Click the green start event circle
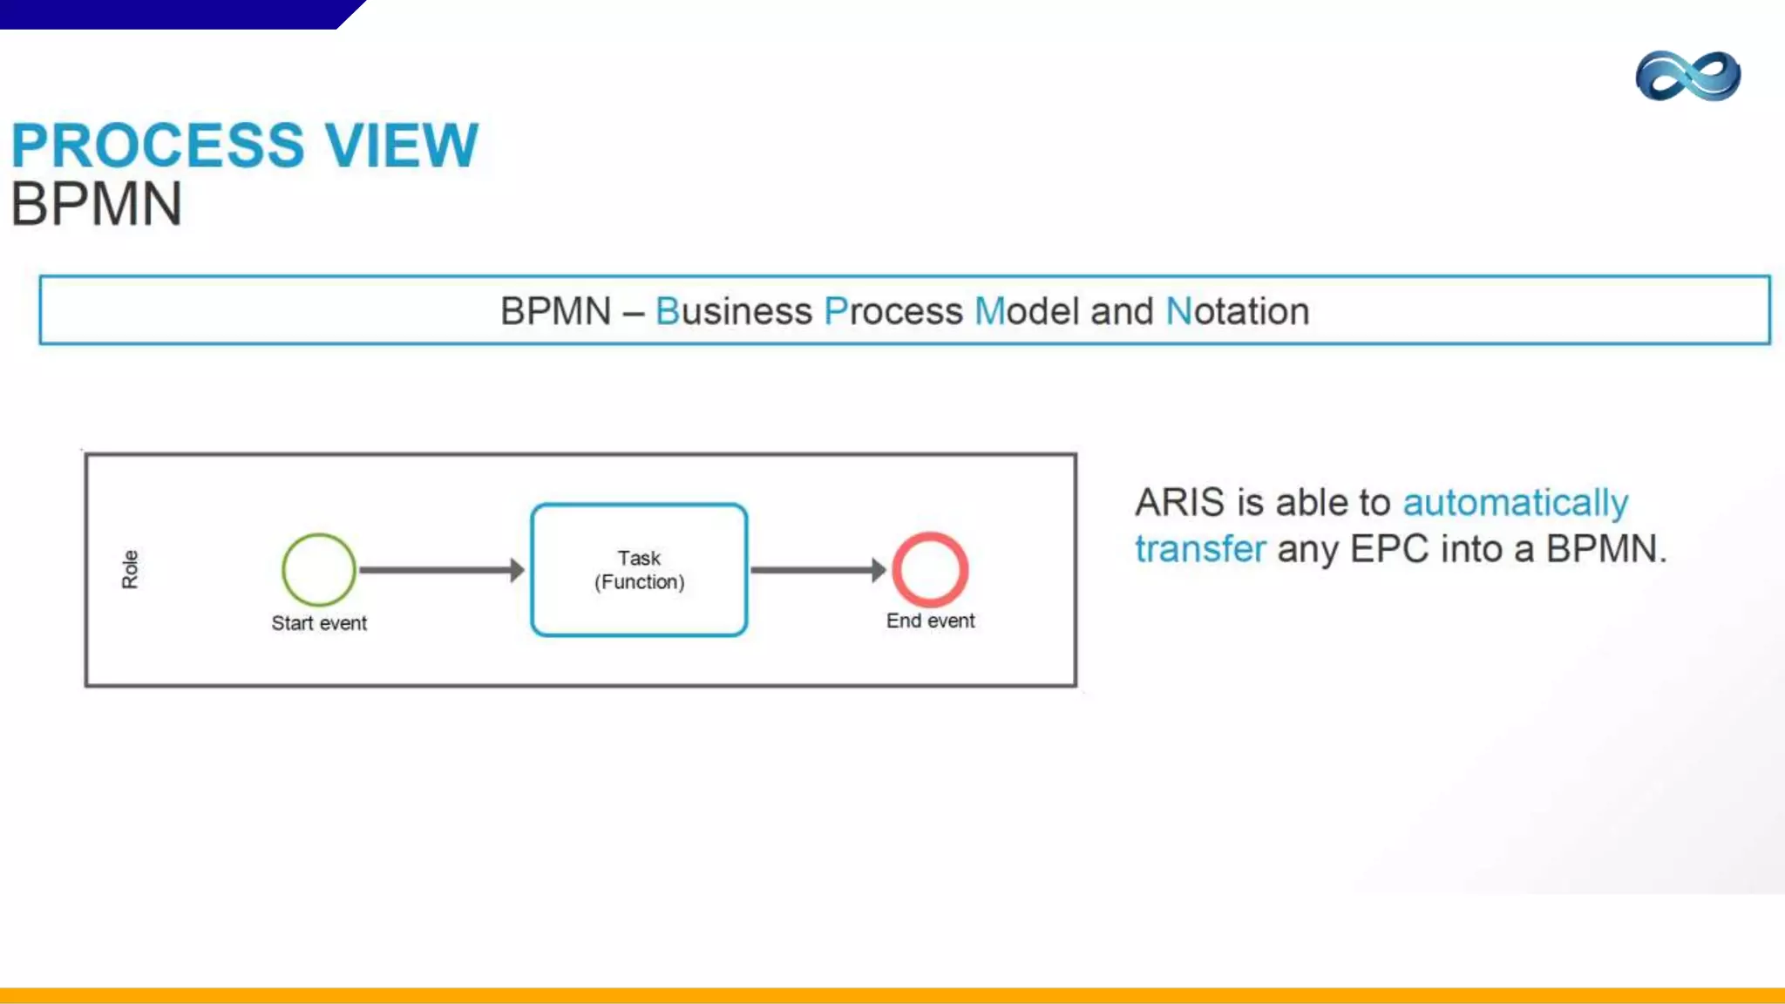[319, 569]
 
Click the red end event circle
[930, 569]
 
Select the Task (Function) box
[639, 570]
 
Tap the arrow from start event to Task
[441, 570]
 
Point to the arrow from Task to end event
[818, 570]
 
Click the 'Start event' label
[319, 623]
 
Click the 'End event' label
[930, 621]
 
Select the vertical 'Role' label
[130, 569]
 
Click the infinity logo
[1687, 76]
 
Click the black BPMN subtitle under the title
[96, 205]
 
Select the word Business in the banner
[733, 311]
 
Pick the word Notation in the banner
[1237, 311]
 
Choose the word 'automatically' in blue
[1515, 503]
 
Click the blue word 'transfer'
[1199, 549]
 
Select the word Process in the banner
[892, 311]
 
